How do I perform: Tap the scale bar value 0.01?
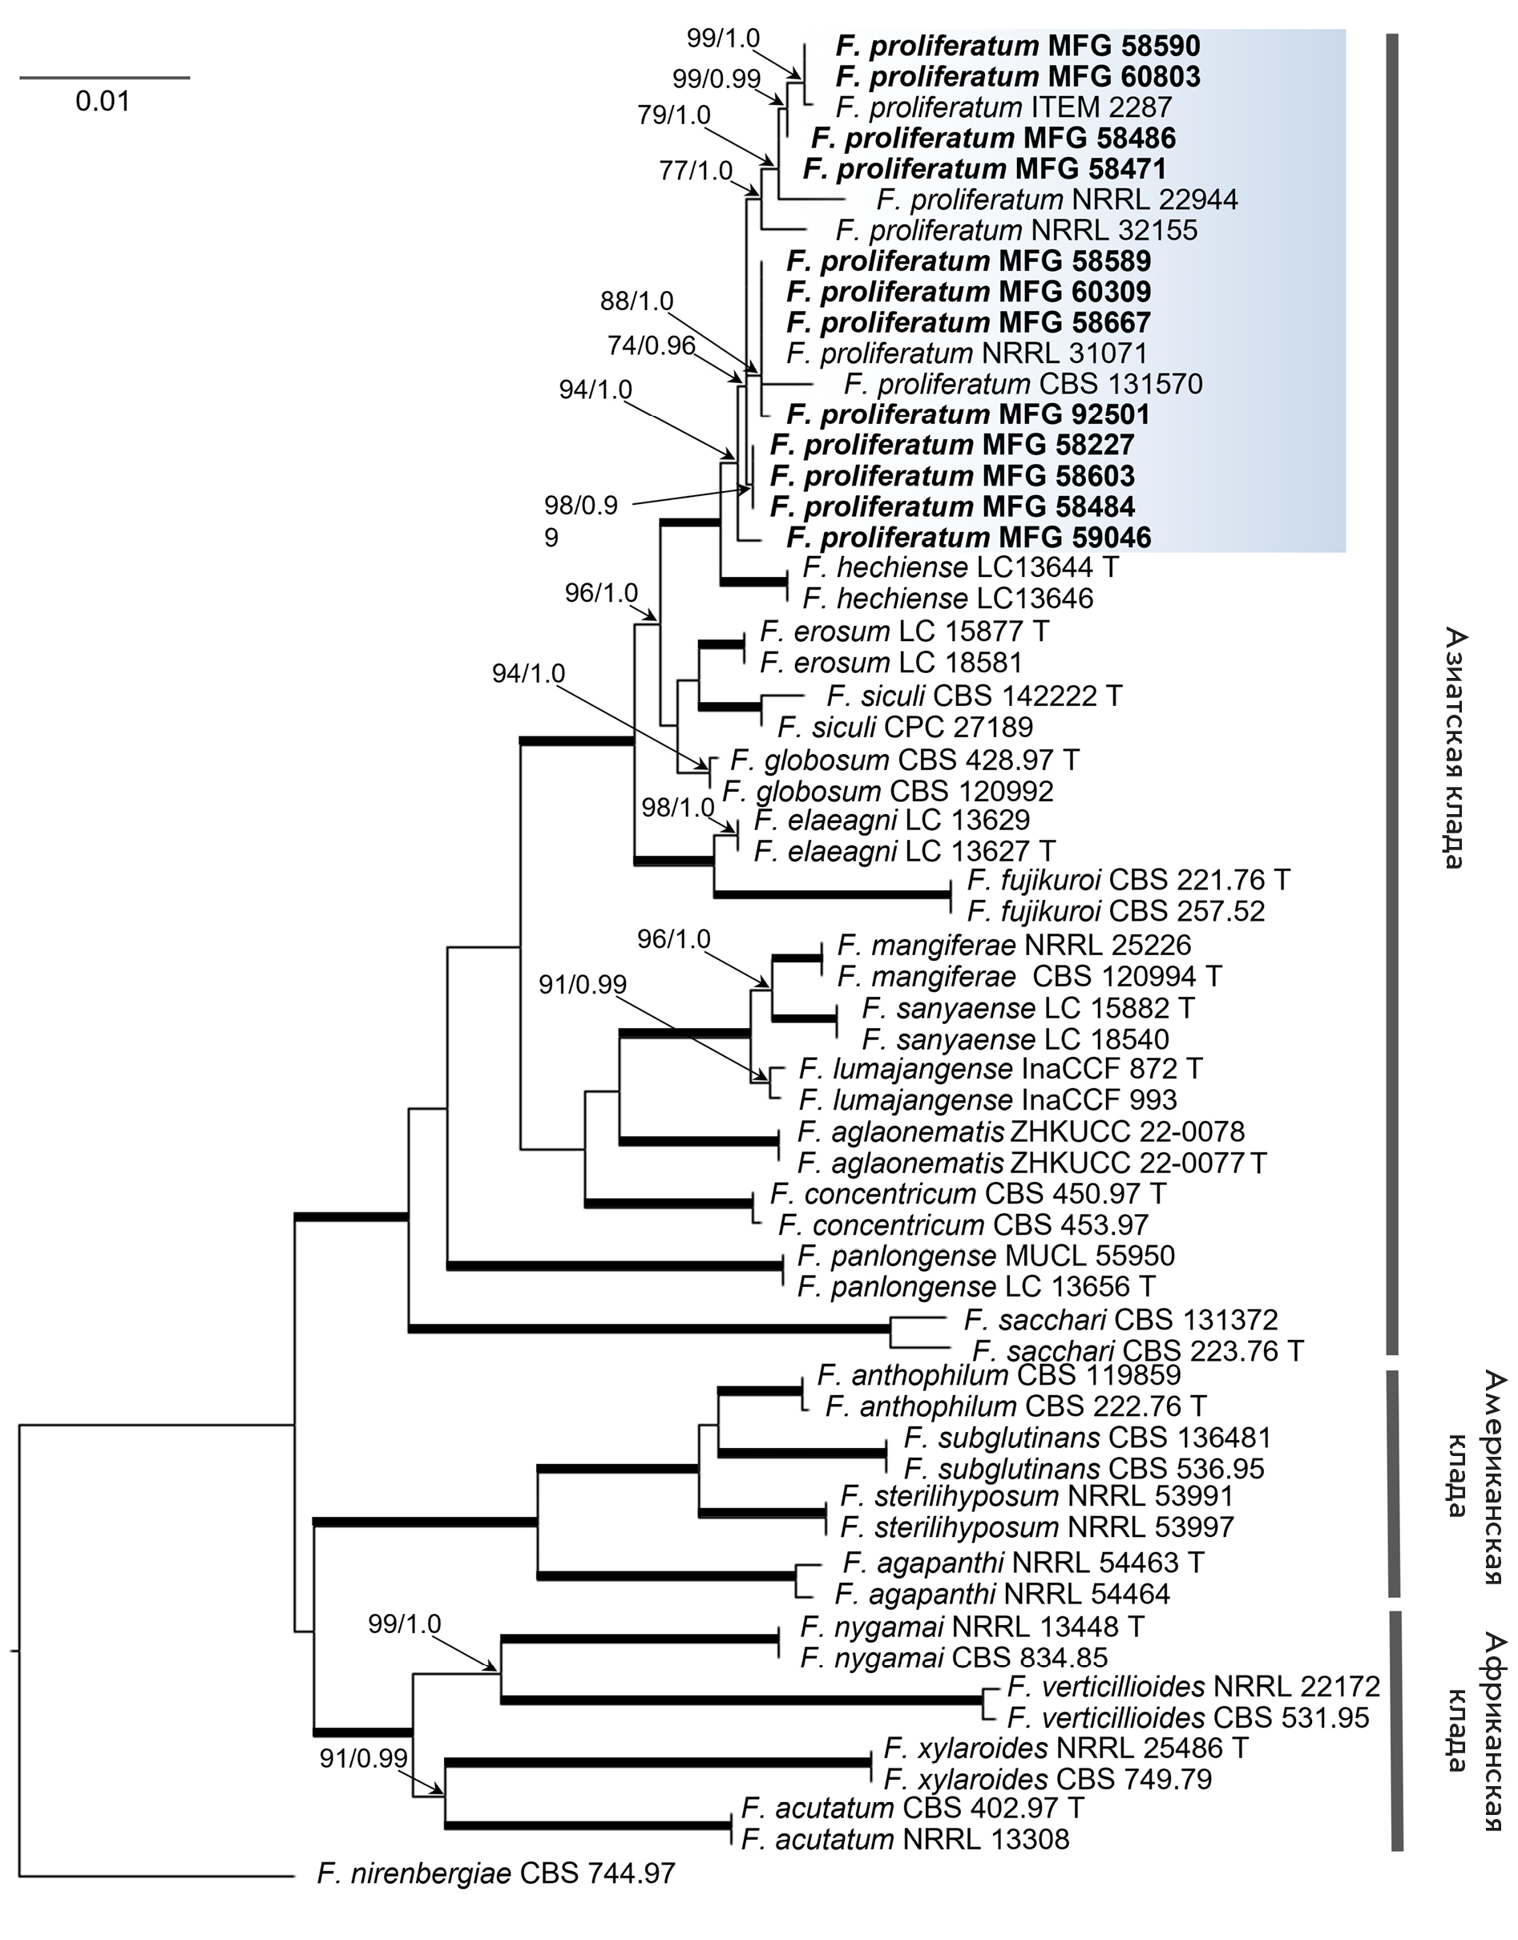103,101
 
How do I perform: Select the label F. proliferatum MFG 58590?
1018,46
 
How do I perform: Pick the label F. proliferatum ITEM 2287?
1004,107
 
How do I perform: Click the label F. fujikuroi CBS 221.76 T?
1128,880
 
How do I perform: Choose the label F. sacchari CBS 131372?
1120,1320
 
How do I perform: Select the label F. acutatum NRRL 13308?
905,1839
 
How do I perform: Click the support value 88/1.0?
636,301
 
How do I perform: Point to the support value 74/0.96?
651,345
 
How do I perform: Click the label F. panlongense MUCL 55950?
986,1256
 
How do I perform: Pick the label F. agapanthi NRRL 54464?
1002,1593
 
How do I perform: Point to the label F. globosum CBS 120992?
888,790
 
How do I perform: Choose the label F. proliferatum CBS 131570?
1023,384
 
